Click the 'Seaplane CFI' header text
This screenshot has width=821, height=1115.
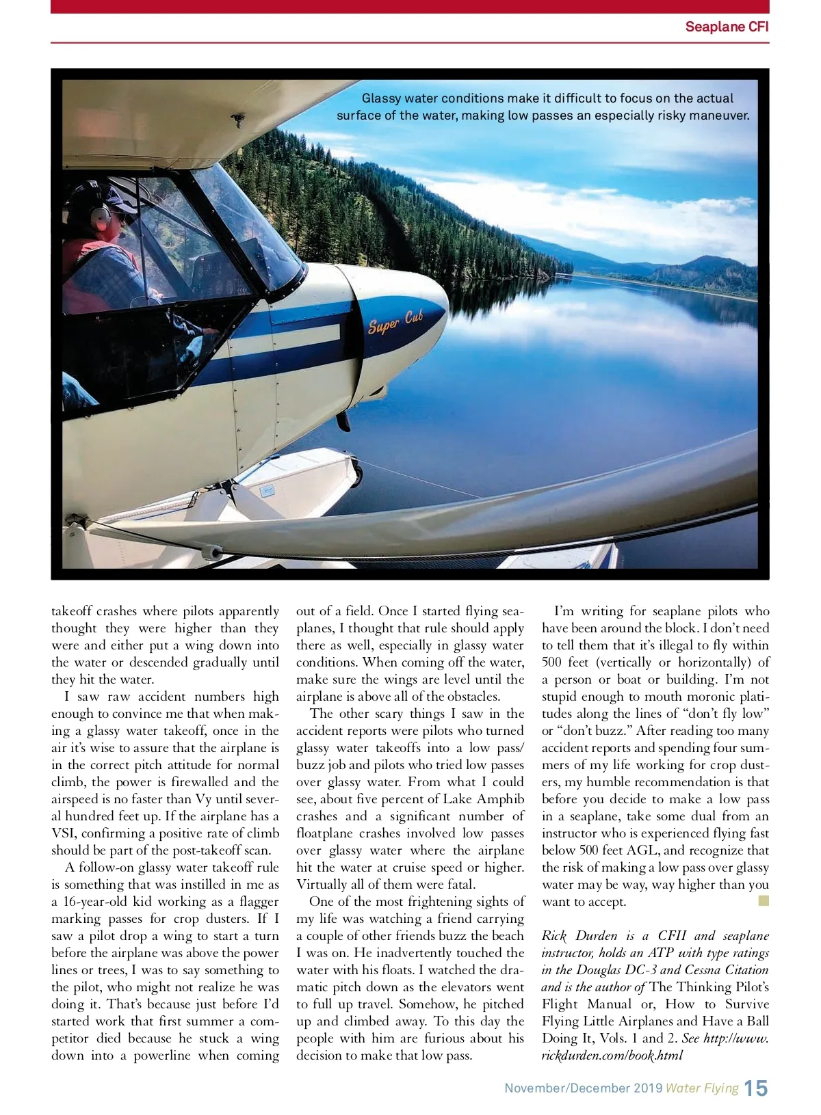click(727, 27)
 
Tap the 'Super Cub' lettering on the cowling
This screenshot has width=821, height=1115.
click(395, 322)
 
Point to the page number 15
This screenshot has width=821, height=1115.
click(756, 1088)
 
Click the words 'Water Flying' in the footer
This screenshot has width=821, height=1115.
click(702, 1088)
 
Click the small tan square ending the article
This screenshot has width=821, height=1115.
click(764, 901)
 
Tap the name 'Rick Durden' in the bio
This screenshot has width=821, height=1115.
click(579, 936)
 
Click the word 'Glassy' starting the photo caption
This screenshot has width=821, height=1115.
click(382, 98)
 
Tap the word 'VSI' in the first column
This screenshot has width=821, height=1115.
click(62, 833)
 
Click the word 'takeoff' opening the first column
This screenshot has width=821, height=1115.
click(71, 611)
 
